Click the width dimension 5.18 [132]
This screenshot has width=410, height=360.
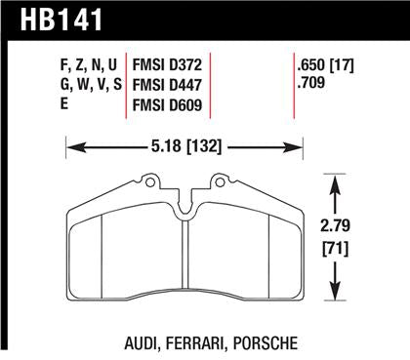point(185,148)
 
